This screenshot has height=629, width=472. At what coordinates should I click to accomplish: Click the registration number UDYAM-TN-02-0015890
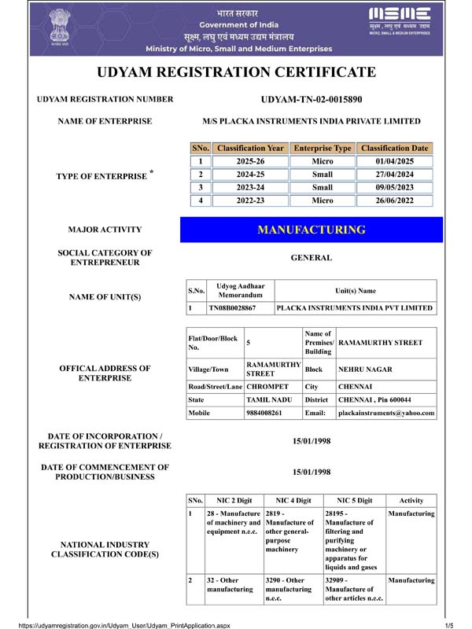pos(311,100)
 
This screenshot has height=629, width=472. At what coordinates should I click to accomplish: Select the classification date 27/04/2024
pos(395,174)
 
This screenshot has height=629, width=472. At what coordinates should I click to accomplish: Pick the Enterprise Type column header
pos(322,148)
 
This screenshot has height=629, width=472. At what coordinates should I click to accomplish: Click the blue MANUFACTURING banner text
pos(312,230)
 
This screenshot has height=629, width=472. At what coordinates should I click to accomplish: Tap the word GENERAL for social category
pos(312,258)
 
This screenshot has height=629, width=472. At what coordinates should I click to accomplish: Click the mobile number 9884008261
pos(264,413)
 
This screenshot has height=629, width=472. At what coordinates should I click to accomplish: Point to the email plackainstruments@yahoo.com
pos(385,413)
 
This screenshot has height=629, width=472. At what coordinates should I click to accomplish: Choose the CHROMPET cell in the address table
pos(268,386)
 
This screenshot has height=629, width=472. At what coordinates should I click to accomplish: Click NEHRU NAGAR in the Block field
pos(365,368)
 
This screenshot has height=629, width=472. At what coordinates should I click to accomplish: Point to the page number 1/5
pos(449,624)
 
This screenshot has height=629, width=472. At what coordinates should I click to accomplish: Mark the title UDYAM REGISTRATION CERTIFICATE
pos(236,73)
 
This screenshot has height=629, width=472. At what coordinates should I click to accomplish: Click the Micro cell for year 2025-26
pos(322,161)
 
